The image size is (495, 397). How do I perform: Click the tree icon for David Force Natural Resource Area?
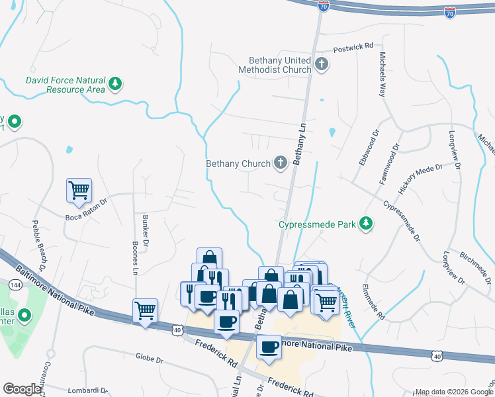click(x=116, y=83)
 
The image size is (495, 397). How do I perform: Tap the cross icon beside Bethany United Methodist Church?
click(x=322, y=64)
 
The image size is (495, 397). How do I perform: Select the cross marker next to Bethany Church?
click(x=281, y=163)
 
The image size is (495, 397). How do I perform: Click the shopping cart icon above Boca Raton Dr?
click(x=79, y=190)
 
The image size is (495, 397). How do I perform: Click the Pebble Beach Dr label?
click(x=38, y=244)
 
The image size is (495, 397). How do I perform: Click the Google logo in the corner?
click(x=22, y=389)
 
